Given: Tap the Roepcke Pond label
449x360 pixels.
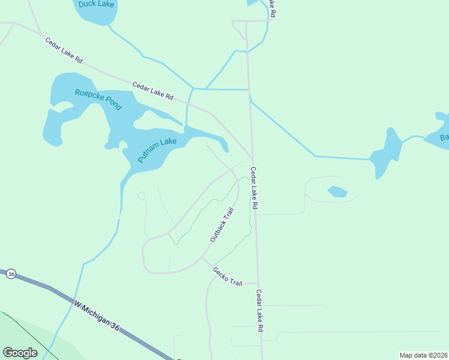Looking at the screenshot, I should (98, 100).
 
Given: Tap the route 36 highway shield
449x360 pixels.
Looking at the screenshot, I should (11, 274).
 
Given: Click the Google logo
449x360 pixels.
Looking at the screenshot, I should (20, 353).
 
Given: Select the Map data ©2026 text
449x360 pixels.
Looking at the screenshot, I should (423, 355).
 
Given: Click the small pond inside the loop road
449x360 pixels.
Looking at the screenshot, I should (337, 192).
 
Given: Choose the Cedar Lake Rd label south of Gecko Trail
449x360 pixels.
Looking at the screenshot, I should (259, 311).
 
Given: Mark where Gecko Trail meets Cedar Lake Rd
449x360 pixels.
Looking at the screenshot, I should (258, 283).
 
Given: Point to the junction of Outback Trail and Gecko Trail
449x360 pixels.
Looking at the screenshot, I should (202, 259).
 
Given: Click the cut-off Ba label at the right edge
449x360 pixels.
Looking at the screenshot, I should (444, 138).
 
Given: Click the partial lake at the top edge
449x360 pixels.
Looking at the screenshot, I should (255, 2).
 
